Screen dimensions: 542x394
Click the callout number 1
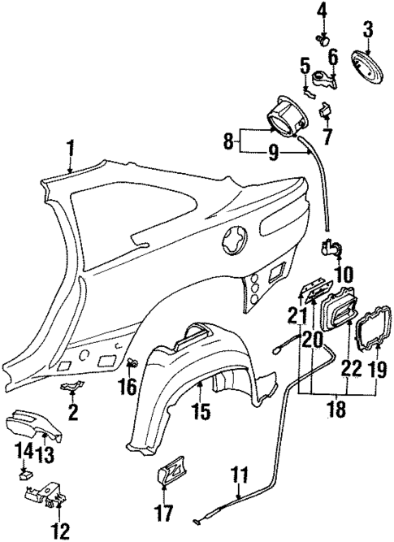[71, 148]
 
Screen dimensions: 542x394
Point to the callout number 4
[322, 11]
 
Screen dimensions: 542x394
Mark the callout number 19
[378, 371]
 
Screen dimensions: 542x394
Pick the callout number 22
[351, 367]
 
